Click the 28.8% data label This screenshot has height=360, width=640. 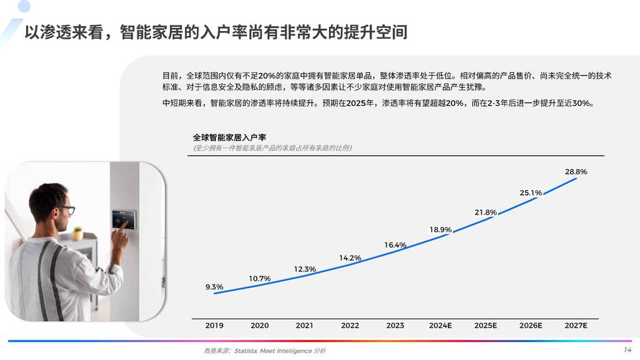(576, 171)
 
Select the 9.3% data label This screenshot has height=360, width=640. (215, 287)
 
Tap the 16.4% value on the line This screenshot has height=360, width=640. (395, 245)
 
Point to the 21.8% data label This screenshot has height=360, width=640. (486, 212)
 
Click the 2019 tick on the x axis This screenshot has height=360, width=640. (215, 325)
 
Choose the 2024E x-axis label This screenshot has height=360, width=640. (441, 325)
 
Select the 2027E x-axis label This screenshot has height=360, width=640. (576, 325)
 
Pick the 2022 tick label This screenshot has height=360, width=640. (350, 325)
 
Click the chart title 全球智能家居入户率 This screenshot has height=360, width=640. (229, 137)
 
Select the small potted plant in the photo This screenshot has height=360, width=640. (78, 233)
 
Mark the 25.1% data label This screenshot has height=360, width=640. (531, 192)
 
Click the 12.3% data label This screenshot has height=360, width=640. (305, 269)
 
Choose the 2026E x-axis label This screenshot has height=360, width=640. (531, 325)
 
